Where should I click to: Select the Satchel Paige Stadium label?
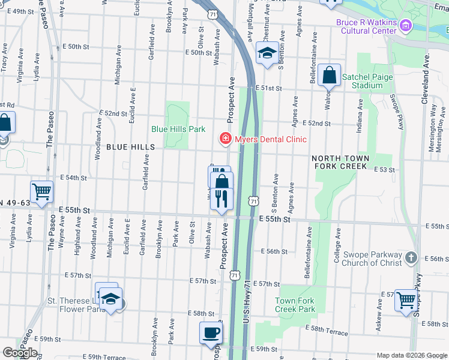coord(367,81)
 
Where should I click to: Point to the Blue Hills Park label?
coord(178,129)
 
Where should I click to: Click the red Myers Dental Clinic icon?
coord(225,139)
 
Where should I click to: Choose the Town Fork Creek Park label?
coord(295,305)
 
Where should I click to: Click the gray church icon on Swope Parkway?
coord(411,257)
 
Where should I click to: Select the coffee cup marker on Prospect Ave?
coord(210,332)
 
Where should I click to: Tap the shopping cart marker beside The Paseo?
coord(42,192)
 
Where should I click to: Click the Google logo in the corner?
coord(19,353)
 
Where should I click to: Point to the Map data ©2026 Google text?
coord(412,355)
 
